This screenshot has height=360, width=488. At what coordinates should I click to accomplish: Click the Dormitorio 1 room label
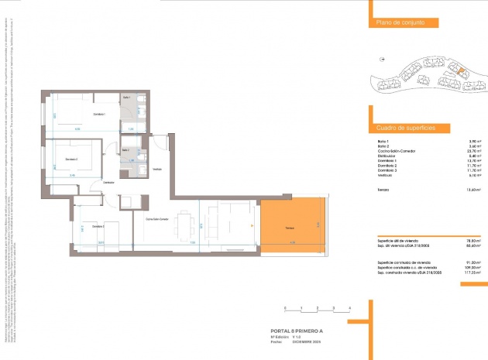coord(99,115)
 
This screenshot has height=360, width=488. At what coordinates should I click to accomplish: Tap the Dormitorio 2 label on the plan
coord(72,159)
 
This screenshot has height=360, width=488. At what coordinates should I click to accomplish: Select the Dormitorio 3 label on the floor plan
coord(98,226)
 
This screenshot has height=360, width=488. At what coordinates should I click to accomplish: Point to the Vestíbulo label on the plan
coord(156,169)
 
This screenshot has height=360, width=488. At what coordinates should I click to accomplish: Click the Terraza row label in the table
coord(383,189)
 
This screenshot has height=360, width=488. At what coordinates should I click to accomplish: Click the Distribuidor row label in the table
coord(387,156)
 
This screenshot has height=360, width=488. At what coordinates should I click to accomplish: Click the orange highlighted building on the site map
coord(459,71)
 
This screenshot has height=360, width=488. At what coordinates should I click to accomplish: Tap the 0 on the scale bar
coord(286,308)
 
